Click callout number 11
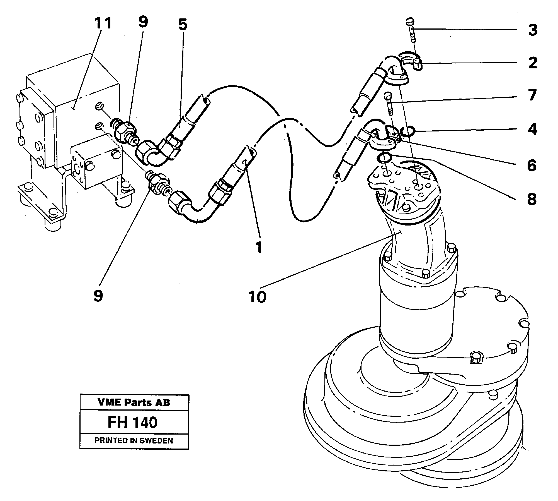point(103,23)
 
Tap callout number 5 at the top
point(183,25)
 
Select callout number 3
point(533,30)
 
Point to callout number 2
point(533,63)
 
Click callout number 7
point(532,95)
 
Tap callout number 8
point(532,199)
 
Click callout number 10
point(258,297)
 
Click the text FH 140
point(132,422)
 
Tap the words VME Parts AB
point(134,402)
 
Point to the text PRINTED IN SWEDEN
point(134,440)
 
